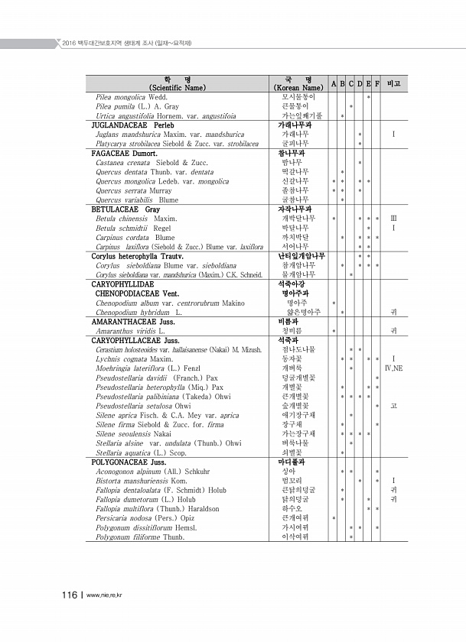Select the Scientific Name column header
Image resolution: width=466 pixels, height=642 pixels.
(178, 83)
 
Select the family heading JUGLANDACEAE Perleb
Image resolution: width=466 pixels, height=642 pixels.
(133, 124)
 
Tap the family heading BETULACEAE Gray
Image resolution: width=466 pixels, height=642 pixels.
(126, 209)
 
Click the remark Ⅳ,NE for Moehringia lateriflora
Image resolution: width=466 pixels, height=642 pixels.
(393, 368)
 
